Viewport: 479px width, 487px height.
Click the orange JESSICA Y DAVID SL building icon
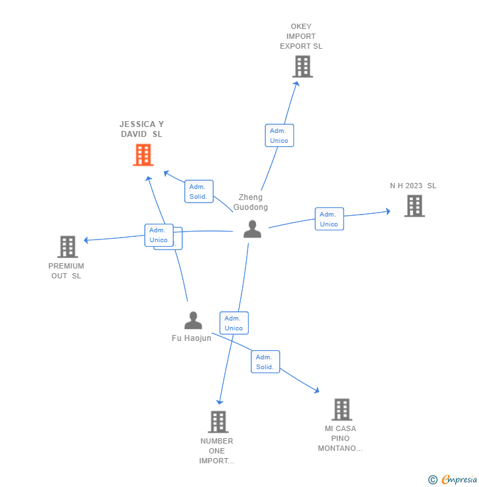pyautogui.click(x=143, y=155)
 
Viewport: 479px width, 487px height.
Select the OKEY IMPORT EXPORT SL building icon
pyautogui.click(x=302, y=66)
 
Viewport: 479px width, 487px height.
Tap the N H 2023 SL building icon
pyautogui.click(x=414, y=206)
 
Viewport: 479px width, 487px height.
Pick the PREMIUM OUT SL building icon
pyautogui.click(x=67, y=247)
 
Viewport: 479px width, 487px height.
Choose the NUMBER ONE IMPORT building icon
pyautogui.click(x=218, y=422)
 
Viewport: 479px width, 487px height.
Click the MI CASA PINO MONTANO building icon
pyautogui.click(x=341, y=409)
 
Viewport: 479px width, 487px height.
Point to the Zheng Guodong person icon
pyautogui.click(x=252, y=229)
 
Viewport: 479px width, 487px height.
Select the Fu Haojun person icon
pyautogui.click(x=193, y=320)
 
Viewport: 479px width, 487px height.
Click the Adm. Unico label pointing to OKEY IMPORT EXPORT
pyautogui.click(x=279, y=136)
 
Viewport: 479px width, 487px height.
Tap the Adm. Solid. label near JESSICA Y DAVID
pyautogui.click(x=199, y=192)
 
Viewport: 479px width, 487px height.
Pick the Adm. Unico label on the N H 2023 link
pyautogui.click(x=329, y=219)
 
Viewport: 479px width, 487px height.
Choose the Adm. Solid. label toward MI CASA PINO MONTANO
pyautogui.click(x=265, y=362)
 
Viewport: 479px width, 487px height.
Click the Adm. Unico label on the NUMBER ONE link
pyautogui.click(x=234, y=323)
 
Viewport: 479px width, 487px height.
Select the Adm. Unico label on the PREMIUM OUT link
pyautogui.click(x=159, y=235)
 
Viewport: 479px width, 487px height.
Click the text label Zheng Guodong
pyautogui.click(x=251, y=202)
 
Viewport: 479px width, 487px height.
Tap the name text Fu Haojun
pyautogui.click(x=191, y=338)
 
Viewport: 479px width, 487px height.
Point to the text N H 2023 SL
pyautogui.click(x=413, y=186)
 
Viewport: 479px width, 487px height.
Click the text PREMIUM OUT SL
pyautogui.click(x=66, y=271)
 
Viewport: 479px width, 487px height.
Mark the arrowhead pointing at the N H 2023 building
pyautogui.click(x=388, y=211)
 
